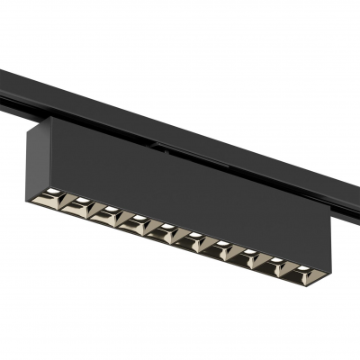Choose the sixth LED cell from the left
pos(193,238)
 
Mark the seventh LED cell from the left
pos(220,247)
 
